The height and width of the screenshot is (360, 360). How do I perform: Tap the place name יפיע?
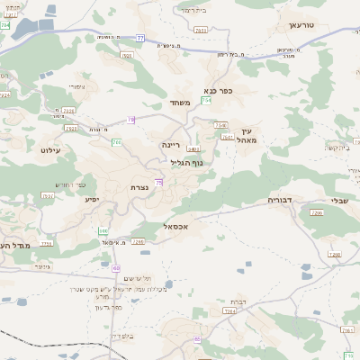point(91,199)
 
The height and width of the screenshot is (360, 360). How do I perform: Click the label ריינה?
point(171,143)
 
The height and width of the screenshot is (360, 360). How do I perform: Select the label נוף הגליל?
point(185,162)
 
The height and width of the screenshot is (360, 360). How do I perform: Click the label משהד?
point(179,103)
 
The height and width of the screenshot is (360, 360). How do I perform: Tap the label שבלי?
point(341,201)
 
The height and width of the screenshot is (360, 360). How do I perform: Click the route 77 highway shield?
point(140,38)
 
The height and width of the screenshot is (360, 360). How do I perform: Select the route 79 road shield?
point(158,183)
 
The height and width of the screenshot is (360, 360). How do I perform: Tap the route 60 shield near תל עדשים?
point(116,268)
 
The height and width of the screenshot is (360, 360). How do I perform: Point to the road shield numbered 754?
point(207,101)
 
